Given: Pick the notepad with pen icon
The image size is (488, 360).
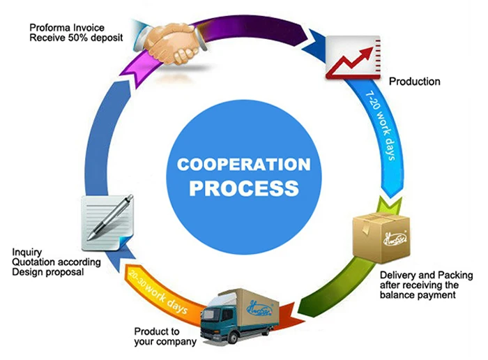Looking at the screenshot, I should pyautogui.click(x=109, y=216).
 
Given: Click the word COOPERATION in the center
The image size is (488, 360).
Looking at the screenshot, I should pyautogui.click(x=243, y=165).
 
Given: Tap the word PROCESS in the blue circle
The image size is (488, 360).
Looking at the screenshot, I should pyautogui.click(x=245, y=188).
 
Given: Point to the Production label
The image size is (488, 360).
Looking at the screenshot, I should pyautogui.click(x=414, y=82).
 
